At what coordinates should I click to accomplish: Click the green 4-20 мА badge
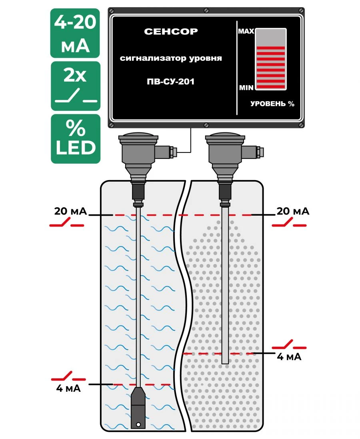75,33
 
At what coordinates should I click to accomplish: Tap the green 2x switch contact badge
76,86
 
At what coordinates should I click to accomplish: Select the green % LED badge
76,139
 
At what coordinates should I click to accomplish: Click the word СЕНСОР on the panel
171,32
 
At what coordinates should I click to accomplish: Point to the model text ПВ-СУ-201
171,82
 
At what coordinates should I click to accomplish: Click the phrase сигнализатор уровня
171,59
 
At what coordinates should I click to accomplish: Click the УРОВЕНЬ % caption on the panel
272,104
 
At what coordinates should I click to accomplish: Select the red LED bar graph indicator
271,66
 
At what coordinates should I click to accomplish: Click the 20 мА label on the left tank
70,211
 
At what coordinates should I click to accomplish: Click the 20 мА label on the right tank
293,211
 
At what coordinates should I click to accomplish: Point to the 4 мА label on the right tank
289,357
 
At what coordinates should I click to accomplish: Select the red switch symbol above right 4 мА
289,345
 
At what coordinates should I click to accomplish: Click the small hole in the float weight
138,425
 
